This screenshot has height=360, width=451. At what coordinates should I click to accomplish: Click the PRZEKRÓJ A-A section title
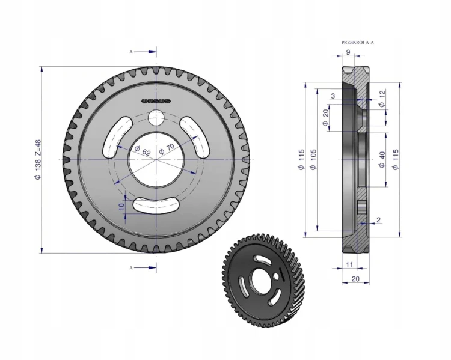(x=358, y=43)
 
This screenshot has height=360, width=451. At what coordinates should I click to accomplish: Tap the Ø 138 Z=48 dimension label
(x=38, y=160)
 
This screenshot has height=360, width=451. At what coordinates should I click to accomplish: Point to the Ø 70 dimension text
(x=167, y=149)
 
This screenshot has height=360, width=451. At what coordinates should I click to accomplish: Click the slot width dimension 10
(x=121, y=206)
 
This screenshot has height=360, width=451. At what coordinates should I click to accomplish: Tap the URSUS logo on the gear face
(x=156, y=101)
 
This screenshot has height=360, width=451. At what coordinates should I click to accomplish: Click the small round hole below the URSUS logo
(x=156, y=118)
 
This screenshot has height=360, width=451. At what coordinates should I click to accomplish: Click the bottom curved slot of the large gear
(x=156, y=205)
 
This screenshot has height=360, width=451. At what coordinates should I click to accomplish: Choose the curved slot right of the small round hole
(x=195, y=138)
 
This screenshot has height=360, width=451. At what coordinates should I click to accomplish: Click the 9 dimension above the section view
(x=348, y=52)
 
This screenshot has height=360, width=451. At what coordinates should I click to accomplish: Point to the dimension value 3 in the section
(x=333, y=96)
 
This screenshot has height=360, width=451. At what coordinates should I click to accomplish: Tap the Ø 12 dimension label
(x=382, y=99)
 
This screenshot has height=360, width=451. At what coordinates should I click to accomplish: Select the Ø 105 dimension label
(x=313, y=159)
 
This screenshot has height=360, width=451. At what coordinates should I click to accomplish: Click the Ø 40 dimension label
(x=382, y=160)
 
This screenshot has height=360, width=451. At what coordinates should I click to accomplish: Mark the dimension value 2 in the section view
(x=378, y=220)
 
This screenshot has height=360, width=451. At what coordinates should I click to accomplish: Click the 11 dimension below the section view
(x=349, y=264)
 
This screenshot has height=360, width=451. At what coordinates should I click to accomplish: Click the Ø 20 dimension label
(x=325, y=117)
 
